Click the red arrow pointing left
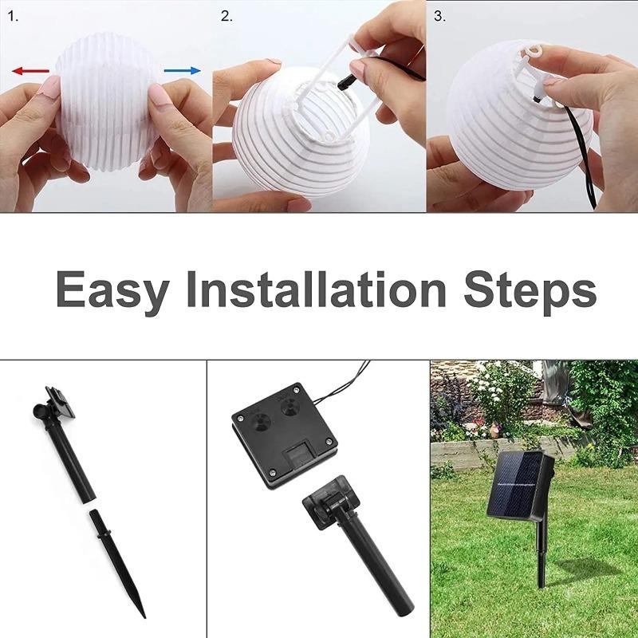tap(30, 71)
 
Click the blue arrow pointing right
tap(183, 71)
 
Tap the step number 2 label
tap(226, 15)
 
